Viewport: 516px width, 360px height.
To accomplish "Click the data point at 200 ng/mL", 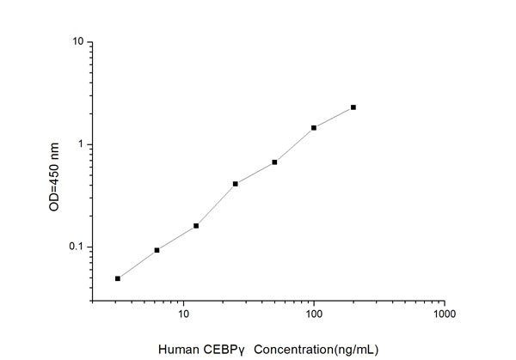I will [x=353, y=107].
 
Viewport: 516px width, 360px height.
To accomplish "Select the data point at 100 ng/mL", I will [x=314, y=128].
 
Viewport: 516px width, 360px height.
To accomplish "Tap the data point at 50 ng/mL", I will [x=274, y=162].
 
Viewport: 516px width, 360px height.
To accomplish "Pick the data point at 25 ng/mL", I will [x=236, y=183].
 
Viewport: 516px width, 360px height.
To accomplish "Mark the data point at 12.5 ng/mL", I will [x=196, y=226].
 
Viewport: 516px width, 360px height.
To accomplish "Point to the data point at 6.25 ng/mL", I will [x=157, y=250].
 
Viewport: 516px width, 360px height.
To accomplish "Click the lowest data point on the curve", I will [x=118, y=278].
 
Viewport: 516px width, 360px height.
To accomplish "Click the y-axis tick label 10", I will [x=77, y=41].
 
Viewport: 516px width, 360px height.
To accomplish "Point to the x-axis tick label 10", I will [x=183, y=315].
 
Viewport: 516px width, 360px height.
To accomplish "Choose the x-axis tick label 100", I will [x=314, y=315].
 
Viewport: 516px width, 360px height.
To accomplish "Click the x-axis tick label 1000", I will [x=444, y=315].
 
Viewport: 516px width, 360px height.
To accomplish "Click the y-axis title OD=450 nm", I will [x=56, y=172].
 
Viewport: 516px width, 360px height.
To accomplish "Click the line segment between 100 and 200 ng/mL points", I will [x=334, y=118].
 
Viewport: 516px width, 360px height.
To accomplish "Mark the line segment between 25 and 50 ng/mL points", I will [x=255, y=172].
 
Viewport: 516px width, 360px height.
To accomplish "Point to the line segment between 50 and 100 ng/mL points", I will [x=294, y=145].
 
